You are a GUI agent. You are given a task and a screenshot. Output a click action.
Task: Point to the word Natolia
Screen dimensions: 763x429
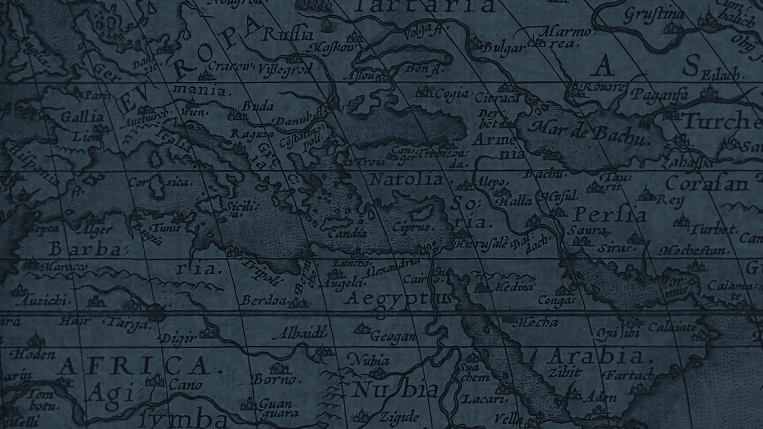click(405, 180)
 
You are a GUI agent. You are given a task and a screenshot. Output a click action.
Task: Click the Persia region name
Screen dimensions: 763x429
click(609, 214)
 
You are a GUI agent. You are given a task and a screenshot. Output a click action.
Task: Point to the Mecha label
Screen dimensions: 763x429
click(539, 322)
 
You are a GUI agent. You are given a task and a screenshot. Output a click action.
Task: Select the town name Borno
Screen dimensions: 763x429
click(275, 379)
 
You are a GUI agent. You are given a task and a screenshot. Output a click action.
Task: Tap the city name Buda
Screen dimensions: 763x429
click(258, 107)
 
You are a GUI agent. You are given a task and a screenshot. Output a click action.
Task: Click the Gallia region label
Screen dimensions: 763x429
click(82, 117)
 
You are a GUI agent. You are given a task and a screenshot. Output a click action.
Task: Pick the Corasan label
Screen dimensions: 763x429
click(707, 184)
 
